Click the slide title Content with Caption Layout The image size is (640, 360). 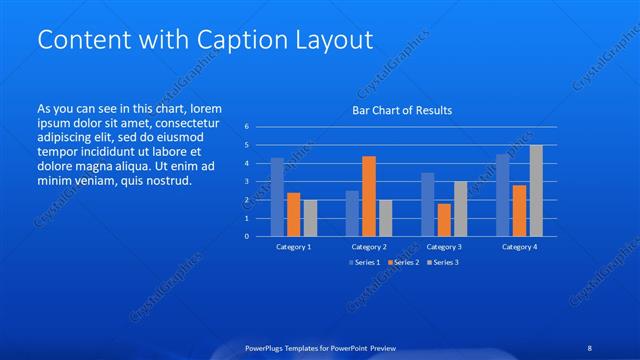[205, 40]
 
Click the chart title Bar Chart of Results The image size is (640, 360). [403, 110]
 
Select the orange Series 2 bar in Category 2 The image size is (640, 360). [369, 196]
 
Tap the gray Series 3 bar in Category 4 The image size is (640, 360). [536, 191]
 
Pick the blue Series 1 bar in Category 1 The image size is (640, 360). [277, 197]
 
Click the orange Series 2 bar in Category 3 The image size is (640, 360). [444, 220]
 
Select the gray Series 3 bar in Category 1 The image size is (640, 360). [310, 218]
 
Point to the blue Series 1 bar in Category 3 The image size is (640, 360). [427, 205]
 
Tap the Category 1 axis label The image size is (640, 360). [294, 246]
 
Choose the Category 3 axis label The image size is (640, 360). [444, 246]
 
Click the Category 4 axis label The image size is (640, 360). [519, 246]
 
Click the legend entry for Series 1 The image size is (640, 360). [366, 262]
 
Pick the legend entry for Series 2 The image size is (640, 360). [404, 262]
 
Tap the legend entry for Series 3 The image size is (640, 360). [442, 262]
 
